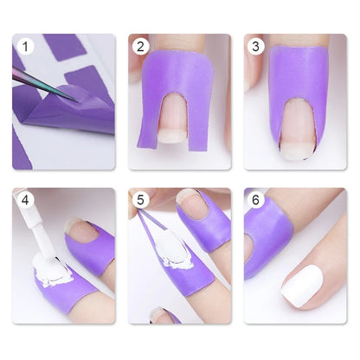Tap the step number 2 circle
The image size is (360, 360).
[x=140, y=47]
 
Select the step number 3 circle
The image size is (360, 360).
[x=256, y=47]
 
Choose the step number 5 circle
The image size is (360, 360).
[x=140, y=201]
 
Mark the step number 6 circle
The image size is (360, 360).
[x=256, y=201]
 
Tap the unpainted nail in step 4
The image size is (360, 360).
[x=84, y=231]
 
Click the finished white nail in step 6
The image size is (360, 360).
[x=302, y=285]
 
